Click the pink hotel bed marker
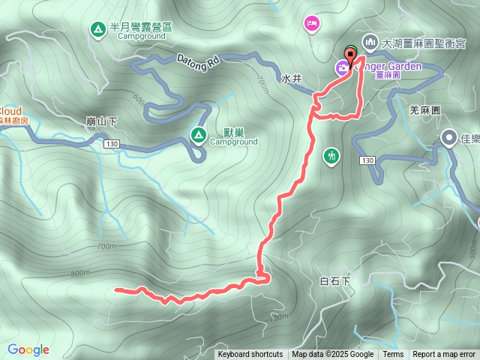tap(311, 24)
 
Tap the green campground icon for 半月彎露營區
tap(97, 30)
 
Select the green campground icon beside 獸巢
tap(198, 135)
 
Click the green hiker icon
tap(331, 156)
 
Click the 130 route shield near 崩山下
tap(112, 143)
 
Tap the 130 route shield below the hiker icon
tap(367, 160)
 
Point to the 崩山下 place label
tap(101, 121)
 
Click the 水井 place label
tap(292, 78)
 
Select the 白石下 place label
tap(334, 281)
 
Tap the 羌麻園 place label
tap(424, 109)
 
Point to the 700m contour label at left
tap(106, 246)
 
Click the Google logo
tap(28, 349)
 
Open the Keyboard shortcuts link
tap(250, 355)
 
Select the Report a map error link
tap(444, 355)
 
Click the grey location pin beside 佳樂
tap(448, 137)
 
